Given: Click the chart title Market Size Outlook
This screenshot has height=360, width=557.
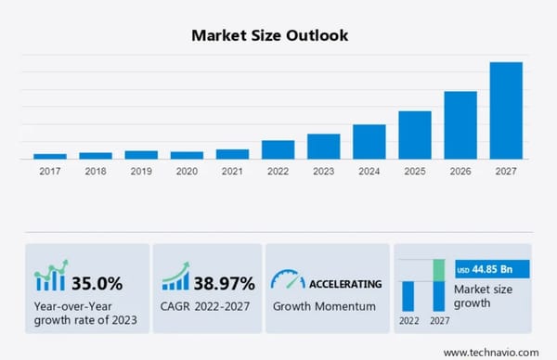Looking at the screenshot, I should (270, 35).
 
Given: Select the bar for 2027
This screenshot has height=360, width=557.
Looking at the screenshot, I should (506, 110).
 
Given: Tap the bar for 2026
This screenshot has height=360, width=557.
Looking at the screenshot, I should (460, 125).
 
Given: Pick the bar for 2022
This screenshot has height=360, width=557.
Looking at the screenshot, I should (278, 149).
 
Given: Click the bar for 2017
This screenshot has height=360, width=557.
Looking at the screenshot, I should (50, 156).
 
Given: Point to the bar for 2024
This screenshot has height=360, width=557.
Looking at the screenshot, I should (369, 141).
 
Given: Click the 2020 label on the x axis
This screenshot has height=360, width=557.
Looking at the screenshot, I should (187, 171).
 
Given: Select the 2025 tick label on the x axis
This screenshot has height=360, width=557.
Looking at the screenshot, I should (415, 171).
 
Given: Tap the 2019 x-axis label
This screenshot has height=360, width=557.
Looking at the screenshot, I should (141, 171).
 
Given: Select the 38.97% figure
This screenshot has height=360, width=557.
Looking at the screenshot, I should (225, 282).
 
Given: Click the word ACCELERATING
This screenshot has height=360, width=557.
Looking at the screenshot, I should (345, 283).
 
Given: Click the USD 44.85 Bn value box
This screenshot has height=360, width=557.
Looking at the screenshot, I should (491, 270).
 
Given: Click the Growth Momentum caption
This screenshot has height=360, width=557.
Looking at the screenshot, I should (324, 305).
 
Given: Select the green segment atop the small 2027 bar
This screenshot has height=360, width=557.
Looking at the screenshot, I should (439, 270).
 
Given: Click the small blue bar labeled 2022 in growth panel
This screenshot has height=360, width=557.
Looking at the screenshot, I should (408, 296).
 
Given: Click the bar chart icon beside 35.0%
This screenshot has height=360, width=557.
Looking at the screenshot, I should (51, 277).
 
